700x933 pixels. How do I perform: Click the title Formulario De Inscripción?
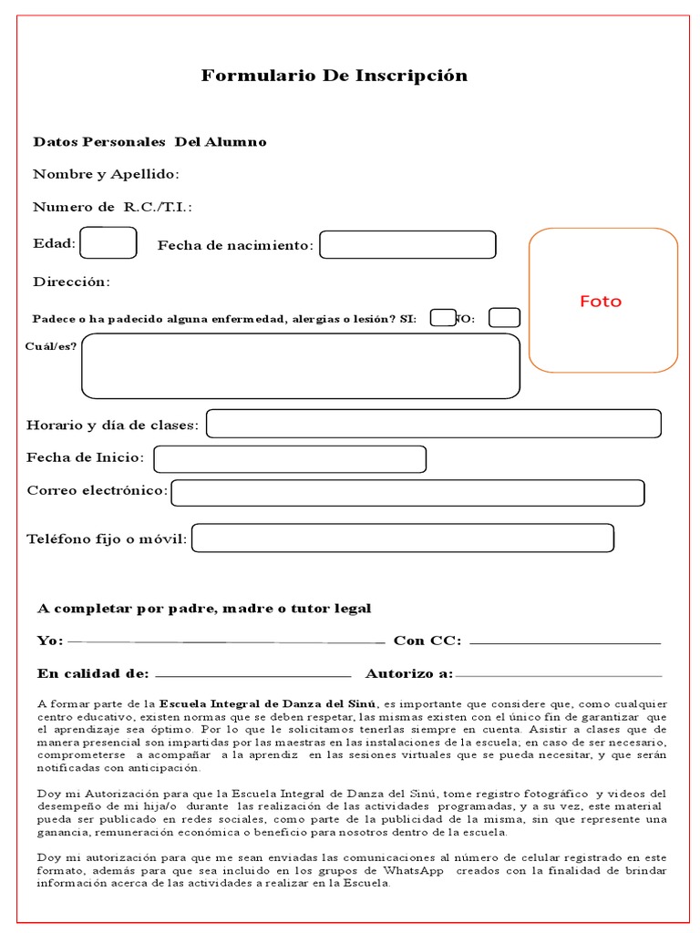(334, 76)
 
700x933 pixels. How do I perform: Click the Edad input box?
(108, 243)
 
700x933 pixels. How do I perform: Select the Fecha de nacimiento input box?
(407, 245)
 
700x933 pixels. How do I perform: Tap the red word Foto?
(601, 302)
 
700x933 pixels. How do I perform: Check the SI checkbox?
(443, 318)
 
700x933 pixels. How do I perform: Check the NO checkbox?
(504, 318)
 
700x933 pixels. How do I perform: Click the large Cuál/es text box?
(301, 366)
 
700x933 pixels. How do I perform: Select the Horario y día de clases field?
(434, 424)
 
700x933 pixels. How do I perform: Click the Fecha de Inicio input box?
(290, 459)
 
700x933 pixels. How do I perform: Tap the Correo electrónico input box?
(407, 493)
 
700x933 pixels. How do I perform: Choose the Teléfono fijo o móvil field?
(402, 538)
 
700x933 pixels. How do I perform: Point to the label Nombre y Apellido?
(106, 174)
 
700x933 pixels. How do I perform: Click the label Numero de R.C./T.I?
(112, 207)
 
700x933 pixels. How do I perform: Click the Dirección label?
(71, 282)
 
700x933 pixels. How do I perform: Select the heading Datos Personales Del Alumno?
(149, 142)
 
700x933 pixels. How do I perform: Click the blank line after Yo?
(226, 641)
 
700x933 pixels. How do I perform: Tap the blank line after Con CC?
(564, 642)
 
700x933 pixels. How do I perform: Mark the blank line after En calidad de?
(254, 675)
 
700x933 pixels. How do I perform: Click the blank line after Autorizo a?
(558, 675)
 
